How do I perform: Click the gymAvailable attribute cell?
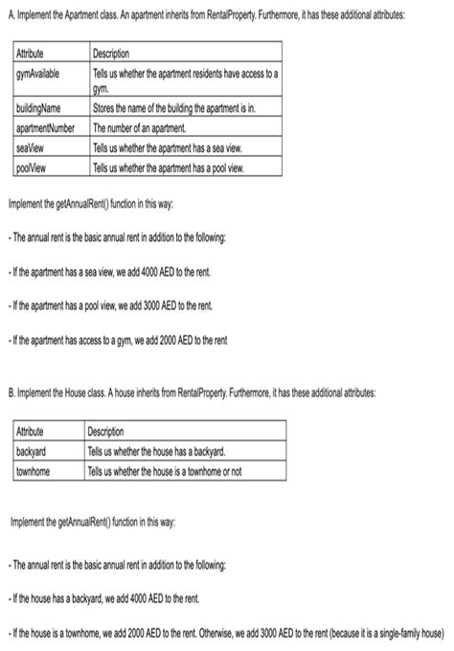(x=37, y=74)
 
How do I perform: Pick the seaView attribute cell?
(x=32, y=147)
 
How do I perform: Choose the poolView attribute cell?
(x=33, y=168)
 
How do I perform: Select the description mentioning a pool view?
(x=169, y=168)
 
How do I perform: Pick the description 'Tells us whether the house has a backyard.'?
(x=156, y=451)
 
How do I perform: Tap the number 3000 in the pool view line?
(x=152, y=305)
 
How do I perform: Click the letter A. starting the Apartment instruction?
(x=10, y=15)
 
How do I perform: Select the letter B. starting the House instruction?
(x=10, y=393)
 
